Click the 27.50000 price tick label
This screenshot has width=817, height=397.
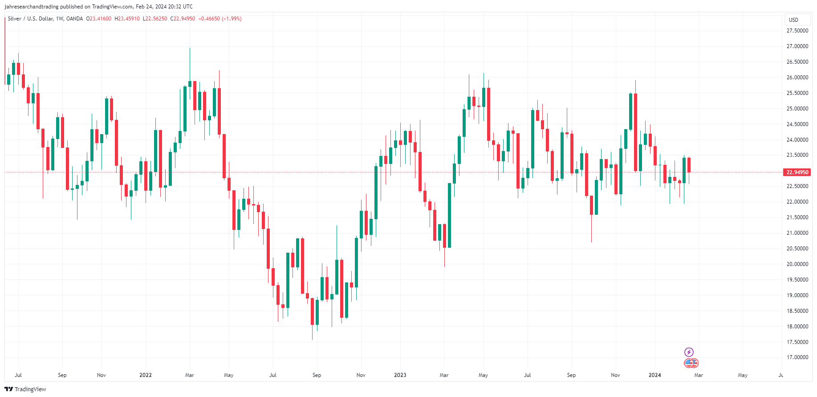coord(797,31)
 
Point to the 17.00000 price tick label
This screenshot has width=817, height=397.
coord(797,357)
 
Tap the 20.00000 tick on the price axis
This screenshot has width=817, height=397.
coord(797,264)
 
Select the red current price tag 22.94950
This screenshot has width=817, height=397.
coord(797,172)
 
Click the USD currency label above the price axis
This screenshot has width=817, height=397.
coord(793,20)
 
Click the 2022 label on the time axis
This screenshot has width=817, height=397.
coord(146,375)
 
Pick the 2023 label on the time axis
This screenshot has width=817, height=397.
coord(400,375)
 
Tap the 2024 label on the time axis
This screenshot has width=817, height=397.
coord(654,375)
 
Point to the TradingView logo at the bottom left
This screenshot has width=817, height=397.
coord(25,389)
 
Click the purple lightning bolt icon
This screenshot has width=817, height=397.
coord(689,352)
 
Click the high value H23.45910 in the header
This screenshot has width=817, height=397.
coord(127,19)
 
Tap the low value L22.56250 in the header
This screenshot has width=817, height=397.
coord(155,19)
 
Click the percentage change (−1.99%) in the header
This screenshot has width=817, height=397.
coord(232,19)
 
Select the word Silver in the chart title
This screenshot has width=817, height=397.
coord(14,19)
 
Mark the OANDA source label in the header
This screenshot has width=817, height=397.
coord(74,19)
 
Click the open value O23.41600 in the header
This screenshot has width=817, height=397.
coord(99,19)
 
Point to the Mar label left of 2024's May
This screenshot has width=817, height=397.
coord(699,375)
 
